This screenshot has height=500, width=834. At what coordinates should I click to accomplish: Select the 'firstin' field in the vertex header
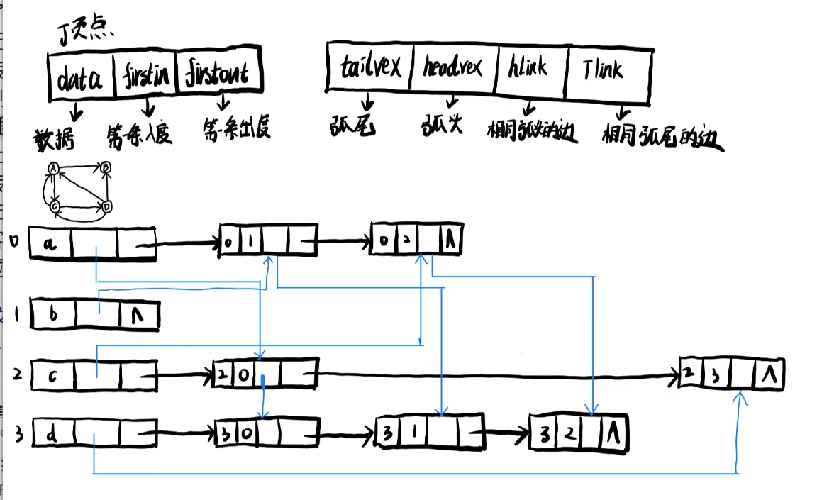tap(147, 74)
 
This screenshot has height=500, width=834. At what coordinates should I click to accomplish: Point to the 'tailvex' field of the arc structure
tap(370, 67)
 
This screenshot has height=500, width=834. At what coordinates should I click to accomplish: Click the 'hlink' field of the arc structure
tap(530, 68)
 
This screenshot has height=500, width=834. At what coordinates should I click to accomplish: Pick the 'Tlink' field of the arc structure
tap(607, 70)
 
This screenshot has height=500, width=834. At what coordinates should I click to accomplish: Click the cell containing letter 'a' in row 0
tap(50, 245)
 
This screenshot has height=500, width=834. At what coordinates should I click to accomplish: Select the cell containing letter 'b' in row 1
tap(52, 314)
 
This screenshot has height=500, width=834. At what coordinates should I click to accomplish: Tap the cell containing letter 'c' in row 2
tap(52, 374)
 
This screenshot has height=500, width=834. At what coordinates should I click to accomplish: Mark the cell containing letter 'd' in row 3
tap(52, 432)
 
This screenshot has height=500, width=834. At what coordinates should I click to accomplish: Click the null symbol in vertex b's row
tap(138, 316)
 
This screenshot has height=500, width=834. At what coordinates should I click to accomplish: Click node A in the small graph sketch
tap(52, 168)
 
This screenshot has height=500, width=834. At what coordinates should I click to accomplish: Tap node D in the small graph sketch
tap(107, 206)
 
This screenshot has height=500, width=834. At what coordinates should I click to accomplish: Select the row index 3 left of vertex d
tap(18, 433)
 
